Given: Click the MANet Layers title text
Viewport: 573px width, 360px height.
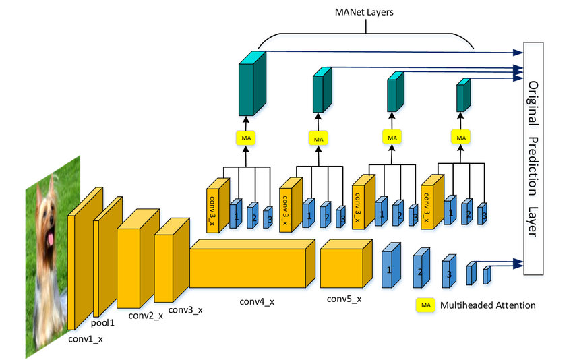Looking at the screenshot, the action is tap(364, 12).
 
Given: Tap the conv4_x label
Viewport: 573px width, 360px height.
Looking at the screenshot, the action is tap(257, 302).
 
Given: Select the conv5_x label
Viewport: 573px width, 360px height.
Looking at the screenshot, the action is tap(344, 299).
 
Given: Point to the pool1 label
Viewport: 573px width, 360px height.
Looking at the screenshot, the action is tap(102, 323).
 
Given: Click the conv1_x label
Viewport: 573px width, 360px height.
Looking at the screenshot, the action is tap(86, 339).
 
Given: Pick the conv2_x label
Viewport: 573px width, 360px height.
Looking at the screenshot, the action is tap(146, 316).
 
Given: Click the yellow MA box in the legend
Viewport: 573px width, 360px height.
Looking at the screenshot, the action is tap(426, 305).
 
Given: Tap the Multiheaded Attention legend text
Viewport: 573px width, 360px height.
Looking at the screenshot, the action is tap(488, 305).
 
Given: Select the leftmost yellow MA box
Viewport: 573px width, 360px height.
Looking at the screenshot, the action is tap(246, 138).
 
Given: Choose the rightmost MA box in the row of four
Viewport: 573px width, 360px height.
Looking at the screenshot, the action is tap(461, 138).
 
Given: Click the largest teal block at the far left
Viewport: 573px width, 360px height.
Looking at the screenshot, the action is tap(252, 84).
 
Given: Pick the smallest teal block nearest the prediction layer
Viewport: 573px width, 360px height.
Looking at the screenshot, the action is tap(463, 95).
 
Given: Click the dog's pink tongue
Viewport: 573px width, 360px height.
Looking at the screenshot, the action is tap(50, 239).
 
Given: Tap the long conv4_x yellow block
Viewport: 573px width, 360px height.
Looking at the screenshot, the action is tap(252, 264).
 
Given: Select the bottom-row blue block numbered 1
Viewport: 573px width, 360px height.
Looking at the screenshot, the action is tap(392, 265).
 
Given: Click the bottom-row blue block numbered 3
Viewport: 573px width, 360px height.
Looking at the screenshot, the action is tap(449, 271).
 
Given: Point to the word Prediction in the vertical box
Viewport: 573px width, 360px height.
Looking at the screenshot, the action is tap(533, 167).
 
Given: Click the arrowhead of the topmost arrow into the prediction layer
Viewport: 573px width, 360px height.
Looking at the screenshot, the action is tap(518, 53).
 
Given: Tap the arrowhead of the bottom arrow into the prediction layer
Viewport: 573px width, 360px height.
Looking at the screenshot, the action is tap(518, 263).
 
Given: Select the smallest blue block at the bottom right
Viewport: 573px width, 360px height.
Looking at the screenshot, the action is tap(487, 275).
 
